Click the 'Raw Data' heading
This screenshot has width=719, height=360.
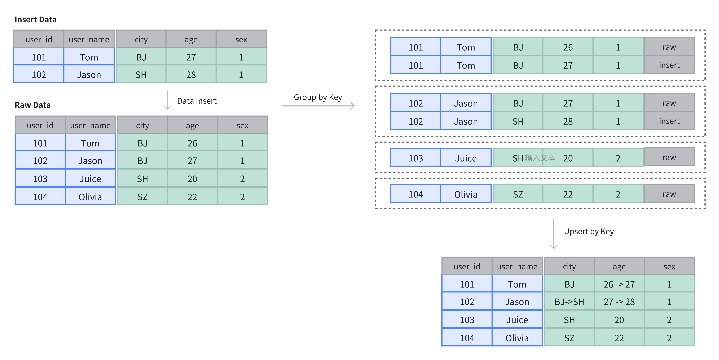point(33,105)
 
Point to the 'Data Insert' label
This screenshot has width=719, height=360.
point(197,101)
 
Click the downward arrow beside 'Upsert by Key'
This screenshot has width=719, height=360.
point(554,234)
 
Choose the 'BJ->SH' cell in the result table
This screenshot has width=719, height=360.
point(569,302)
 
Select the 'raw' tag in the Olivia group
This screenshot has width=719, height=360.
point(669,194)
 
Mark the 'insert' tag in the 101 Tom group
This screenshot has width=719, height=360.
point(669,65)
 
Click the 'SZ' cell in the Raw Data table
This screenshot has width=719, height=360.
point(142,197)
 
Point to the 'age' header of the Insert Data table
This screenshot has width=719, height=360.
point(191,40)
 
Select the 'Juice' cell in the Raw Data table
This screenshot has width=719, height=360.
point(90,179)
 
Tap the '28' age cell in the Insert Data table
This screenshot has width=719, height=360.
point(191,75)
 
